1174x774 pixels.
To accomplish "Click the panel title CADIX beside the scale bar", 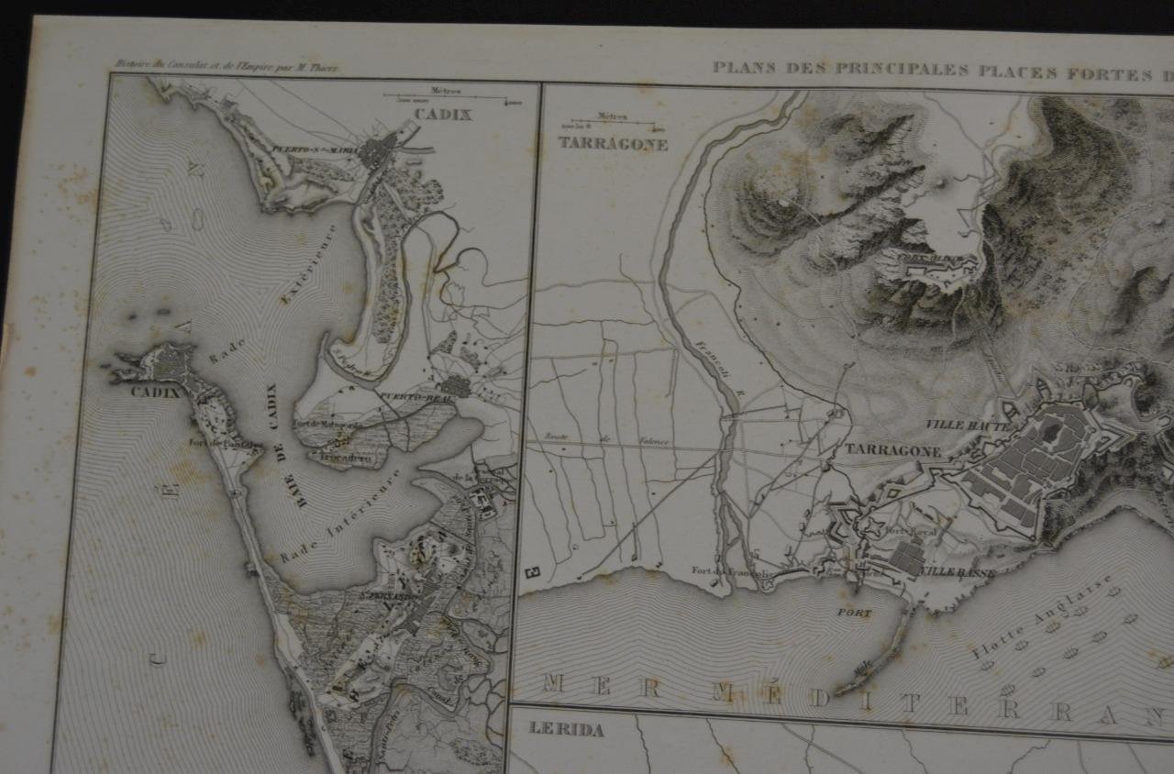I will click(x=442, y=115).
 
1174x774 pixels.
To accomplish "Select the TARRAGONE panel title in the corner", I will click(x=612, y=144).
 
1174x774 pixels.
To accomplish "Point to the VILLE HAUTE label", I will click(x=967, y=426).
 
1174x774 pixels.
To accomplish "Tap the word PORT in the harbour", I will click(x=854, y=613).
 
